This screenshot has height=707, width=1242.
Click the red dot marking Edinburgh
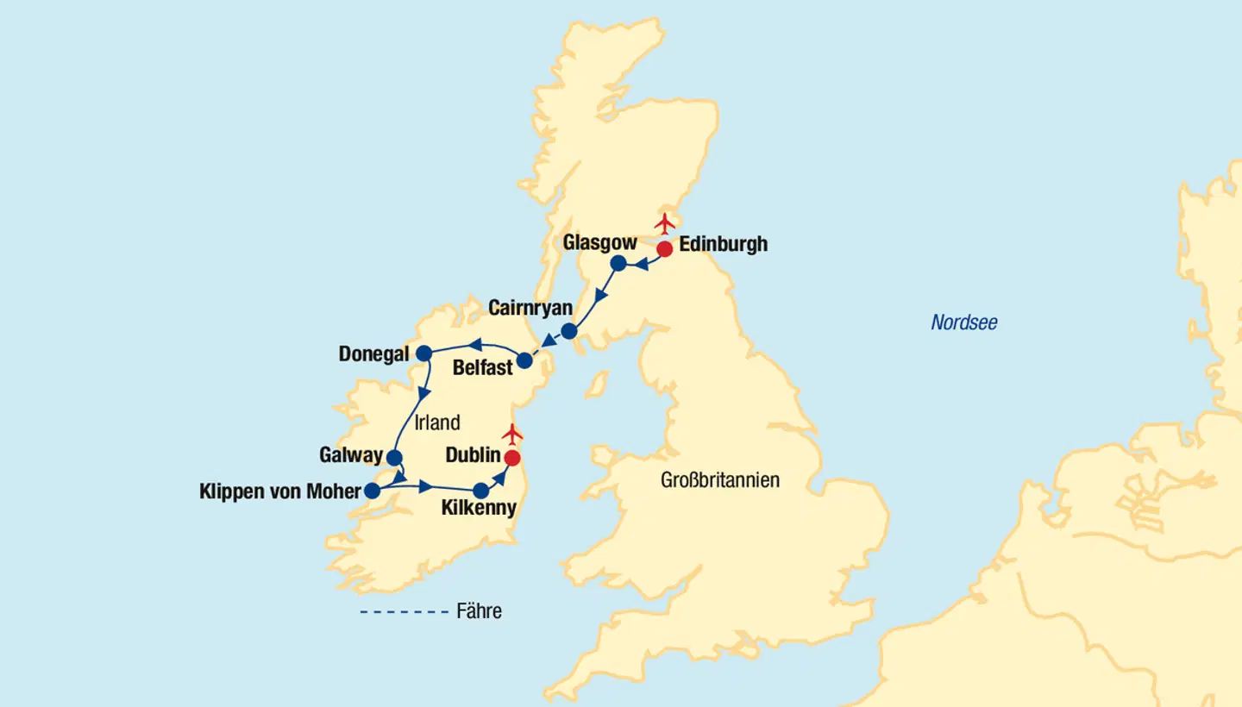[x=664, y=249]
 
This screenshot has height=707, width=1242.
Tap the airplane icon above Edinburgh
[x=663, y=223]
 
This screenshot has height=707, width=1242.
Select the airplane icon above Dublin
[x=512, y=433]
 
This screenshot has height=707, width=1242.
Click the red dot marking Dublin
[x=512, y=458]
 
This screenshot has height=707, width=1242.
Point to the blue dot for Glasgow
[x=618, y=263]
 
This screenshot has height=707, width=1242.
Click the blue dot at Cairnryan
[x=569, y=331]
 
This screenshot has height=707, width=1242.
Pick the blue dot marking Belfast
[x=524, y=360]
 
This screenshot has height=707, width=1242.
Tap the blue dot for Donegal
[x=424, y=353]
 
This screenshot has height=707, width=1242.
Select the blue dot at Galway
[x=393, y=458]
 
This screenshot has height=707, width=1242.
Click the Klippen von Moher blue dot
[x=372, y=491]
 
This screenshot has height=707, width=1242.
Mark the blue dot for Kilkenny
[x=481, y=491]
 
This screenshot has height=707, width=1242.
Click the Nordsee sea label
[x=963, y=323]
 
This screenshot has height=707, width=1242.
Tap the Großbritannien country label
[x=719, y=480]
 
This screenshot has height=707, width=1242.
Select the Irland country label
[x=437, y=422]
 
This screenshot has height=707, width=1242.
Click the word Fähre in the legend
[x=479, y=612]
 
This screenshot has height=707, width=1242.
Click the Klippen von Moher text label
[x=279, y=491]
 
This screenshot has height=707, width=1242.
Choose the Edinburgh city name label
[x=723, y=244]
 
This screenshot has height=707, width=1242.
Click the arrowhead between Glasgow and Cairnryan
[x=600, y=296]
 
